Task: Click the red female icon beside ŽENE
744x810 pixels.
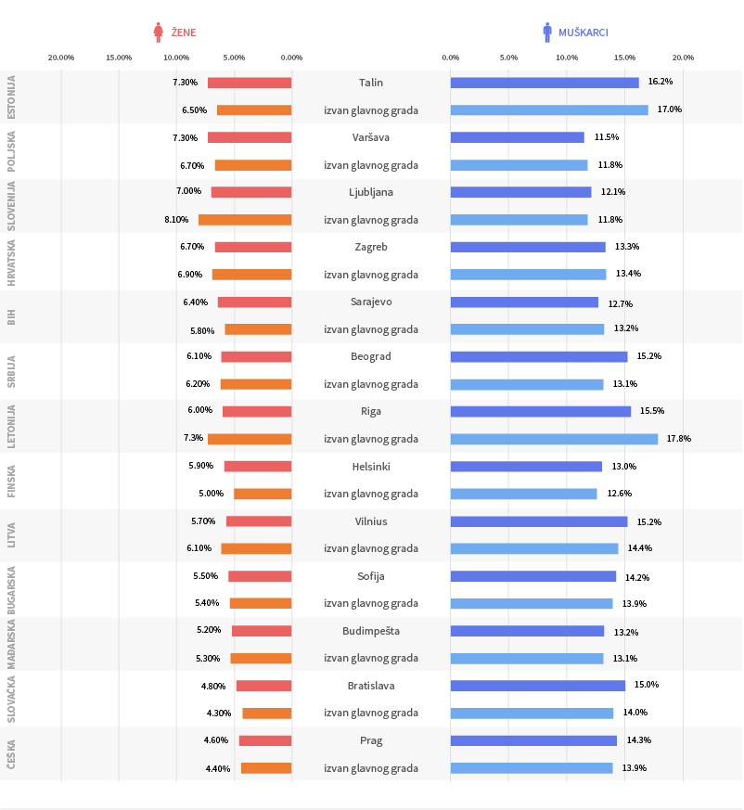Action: (158, 32)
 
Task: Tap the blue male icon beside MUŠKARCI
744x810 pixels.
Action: (547, 32)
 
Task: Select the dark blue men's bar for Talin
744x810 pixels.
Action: (545, 83)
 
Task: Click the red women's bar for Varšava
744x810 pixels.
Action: (250, 137)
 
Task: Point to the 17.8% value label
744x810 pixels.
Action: (678, 439)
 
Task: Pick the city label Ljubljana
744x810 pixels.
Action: (371, 192)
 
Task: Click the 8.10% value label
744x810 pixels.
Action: (176, 220)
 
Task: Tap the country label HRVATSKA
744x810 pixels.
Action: (11, 263)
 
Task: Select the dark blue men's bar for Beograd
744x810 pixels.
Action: (539, 356)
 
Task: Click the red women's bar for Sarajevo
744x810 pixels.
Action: (255, 302)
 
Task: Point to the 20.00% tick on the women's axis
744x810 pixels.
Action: (61, 58)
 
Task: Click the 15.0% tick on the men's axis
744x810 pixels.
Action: (624, 58)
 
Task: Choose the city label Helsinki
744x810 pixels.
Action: (371, 467)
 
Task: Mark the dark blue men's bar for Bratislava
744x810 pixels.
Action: (538, 686)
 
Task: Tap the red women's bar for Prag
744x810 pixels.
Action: (265, 740)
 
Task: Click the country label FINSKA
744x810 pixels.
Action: (11, 481)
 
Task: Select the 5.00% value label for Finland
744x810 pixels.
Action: (212, 494)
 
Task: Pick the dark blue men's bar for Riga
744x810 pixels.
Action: (541, 411)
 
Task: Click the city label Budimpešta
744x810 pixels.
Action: (371, 631)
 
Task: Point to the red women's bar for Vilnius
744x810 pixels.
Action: (259, 521)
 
